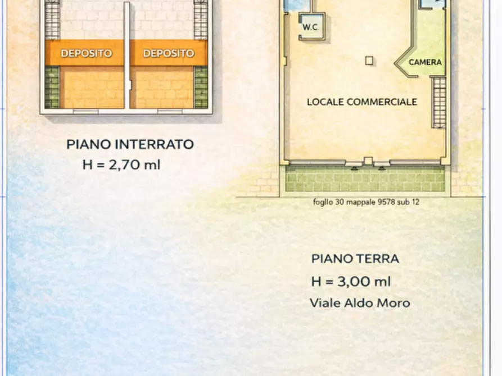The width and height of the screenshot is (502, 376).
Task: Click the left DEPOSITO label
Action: coord(86,53)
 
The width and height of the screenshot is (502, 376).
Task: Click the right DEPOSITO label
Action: coord(169,53)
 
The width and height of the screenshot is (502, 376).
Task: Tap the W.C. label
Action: coord(311,27)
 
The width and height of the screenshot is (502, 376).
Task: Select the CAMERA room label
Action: coord(425,62)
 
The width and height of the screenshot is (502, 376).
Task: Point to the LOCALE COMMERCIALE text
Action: coord(362,102)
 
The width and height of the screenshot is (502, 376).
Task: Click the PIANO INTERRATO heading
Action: coord(130,144)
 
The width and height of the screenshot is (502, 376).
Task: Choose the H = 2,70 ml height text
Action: coord(121,165)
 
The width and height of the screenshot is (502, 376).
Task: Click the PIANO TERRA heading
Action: coord(355,259)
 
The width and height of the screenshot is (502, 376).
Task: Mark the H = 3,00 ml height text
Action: coord(351,282)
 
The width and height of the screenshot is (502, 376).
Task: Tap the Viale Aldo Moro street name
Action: coord(360,303)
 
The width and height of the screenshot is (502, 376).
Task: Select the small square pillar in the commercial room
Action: coord(369,61)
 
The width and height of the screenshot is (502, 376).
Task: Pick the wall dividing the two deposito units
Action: coord(127,56)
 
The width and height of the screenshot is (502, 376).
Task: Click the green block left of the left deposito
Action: coord(52,87)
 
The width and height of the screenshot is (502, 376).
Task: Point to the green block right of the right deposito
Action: coord(201,87)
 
